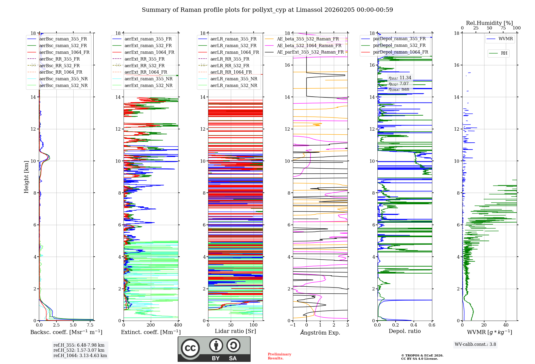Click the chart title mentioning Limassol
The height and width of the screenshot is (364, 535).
267,10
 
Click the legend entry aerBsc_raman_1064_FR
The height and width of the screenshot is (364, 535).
64,52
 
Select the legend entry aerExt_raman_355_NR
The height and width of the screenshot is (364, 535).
148,79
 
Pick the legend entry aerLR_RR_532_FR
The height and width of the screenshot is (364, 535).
230,66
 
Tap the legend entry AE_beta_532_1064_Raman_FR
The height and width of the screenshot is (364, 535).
309,45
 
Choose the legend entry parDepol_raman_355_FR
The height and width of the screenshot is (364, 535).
399,39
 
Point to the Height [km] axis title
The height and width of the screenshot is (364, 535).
26,177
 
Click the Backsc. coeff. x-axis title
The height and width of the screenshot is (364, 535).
66,332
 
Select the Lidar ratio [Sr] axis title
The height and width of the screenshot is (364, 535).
235,331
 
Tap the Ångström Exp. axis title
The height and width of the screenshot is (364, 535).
320,332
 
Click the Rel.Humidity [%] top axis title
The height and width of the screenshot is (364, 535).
489,23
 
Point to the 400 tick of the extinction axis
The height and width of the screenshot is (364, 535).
178,325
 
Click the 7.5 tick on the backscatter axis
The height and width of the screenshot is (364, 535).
90,325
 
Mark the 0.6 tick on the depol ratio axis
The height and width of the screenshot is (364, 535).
432,325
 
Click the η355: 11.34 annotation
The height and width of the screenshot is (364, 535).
400,78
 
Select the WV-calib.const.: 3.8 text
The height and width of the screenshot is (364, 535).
475,344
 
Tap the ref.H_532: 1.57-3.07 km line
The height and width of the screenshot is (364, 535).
79,350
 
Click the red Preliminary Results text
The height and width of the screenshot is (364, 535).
279,356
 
